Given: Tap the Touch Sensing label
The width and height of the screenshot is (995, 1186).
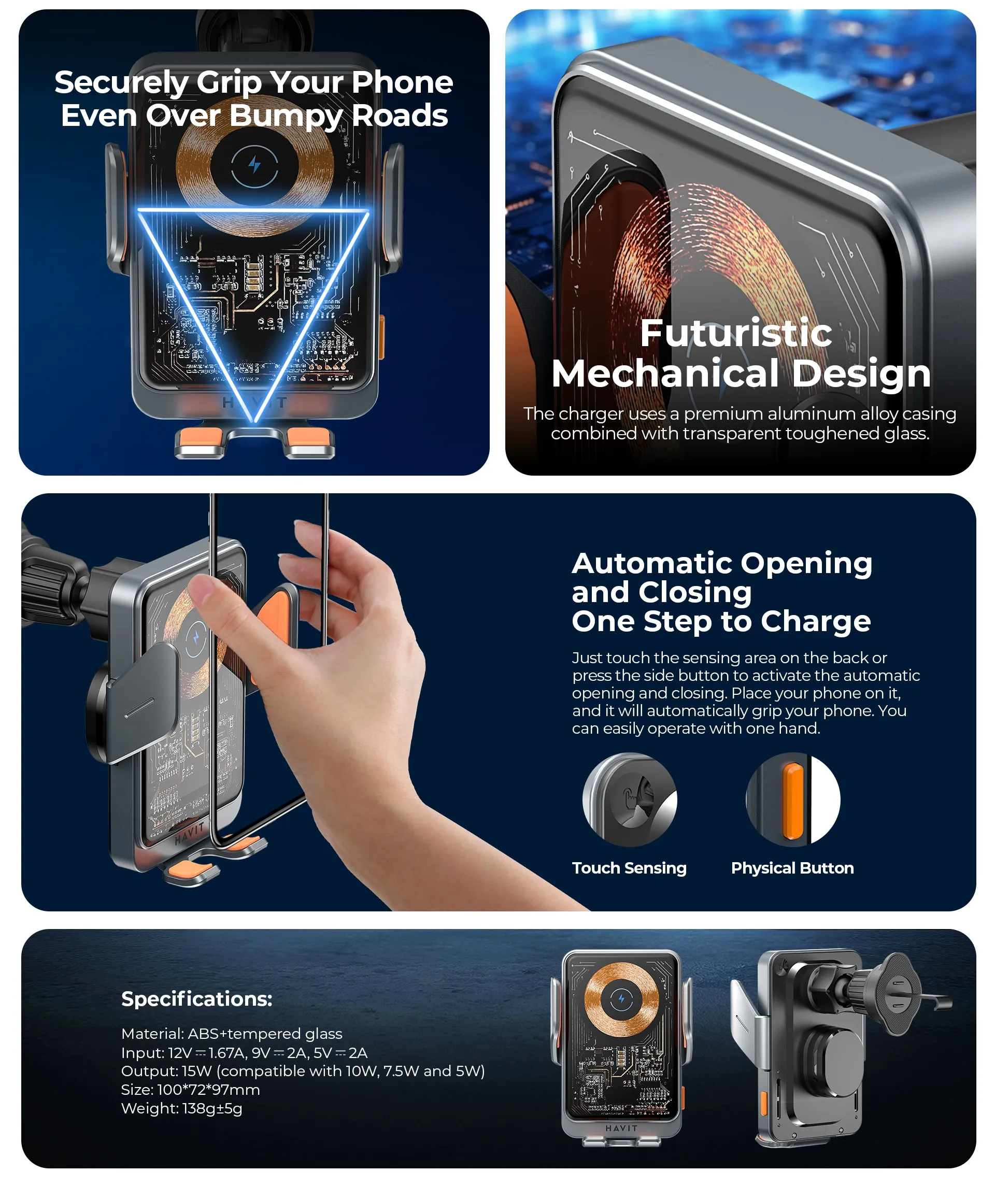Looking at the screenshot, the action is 629,868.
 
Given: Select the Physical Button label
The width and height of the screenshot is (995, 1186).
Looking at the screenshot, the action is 792,868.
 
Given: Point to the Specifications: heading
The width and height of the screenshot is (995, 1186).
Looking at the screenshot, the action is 196,999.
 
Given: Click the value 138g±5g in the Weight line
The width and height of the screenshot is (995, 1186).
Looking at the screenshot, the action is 212,1108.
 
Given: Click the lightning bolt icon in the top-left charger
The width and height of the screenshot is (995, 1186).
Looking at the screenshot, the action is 255,165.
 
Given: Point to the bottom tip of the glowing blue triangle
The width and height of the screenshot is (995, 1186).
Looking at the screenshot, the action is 255,421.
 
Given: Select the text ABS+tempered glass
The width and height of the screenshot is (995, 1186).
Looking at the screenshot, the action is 265,1034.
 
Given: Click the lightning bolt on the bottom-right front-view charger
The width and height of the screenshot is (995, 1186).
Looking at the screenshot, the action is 621,999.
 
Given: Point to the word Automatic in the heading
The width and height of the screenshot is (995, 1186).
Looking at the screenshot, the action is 652,563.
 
